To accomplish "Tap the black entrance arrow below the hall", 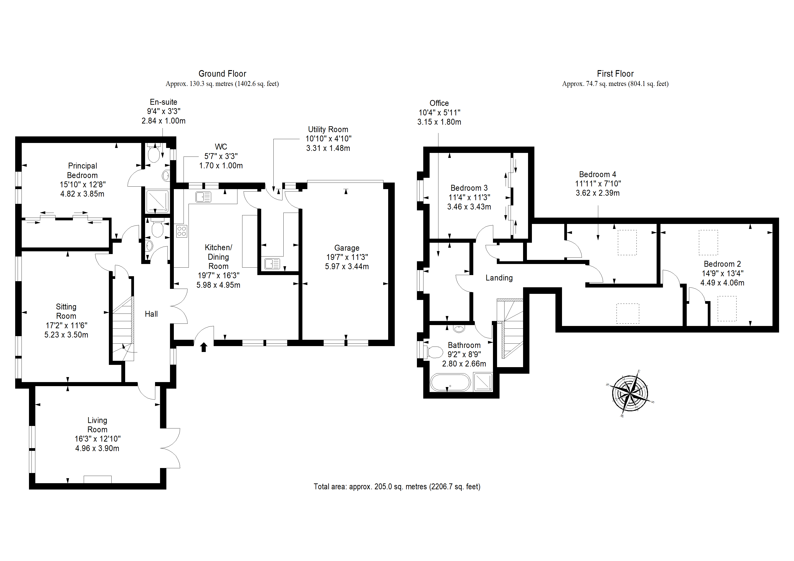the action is pyautogui.click(x=204, y=347).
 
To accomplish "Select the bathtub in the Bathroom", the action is pyautogui.click(x=450, y=382).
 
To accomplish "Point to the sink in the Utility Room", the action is pyautogui.click(x=272, y=264).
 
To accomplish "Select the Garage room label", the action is pyautogui.click(x=347, y=248).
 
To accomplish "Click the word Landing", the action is pyautogui.click(x=499, y=278).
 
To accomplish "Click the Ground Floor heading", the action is pyautogui.click(x=222, y=74).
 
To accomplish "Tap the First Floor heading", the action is pyautogui.click(x=615, y=74).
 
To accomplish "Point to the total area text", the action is pyautogui.click(x=397, y=487).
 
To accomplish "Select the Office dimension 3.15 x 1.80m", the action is pyautogui.click(x=439, y=122).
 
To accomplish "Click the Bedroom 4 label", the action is pyautogui.click(x=598, y=174).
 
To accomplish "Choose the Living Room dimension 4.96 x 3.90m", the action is pyautogui.click(x=97, y=448).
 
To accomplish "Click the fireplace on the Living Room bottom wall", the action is pyautogui.click(x=98, y=479).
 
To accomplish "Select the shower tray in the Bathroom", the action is pyautogui.click(x=483, y=382).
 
